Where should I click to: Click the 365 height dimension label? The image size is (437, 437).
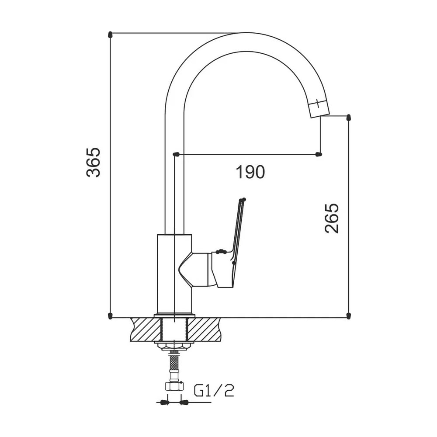(x=94, y=163)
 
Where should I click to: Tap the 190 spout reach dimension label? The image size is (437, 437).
(x=250, y=172)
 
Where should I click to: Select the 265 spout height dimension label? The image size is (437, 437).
(x=332, y=218)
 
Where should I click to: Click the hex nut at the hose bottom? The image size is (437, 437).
(x=174, y=386)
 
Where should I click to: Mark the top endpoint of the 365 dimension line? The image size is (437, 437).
(x=110, y=34)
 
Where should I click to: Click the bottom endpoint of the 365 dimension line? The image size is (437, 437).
(x=110, y=316)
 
